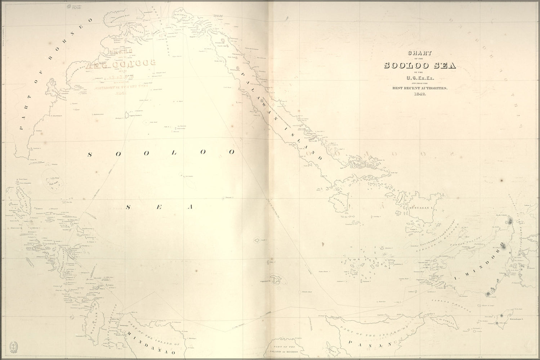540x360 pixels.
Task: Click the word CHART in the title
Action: [x=420, y=53]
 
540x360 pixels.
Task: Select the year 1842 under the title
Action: [x=420, y=94]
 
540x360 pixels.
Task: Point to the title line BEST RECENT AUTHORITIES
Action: [x=420, y=88]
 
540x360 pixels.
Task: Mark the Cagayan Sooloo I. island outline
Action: [x=125, y=115]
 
